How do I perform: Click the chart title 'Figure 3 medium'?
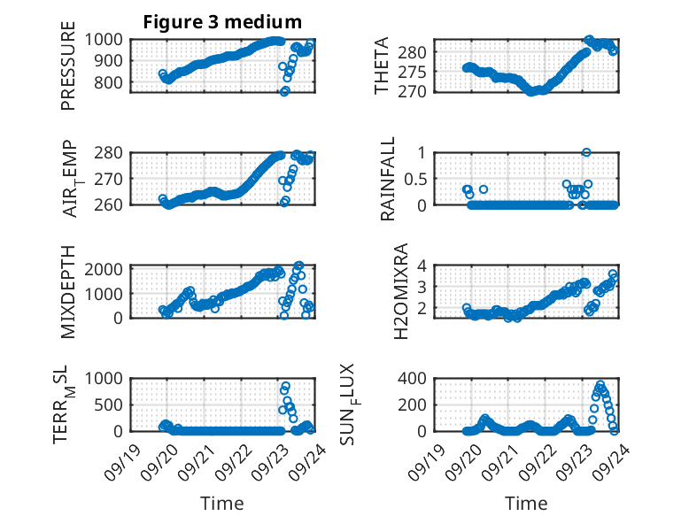222,21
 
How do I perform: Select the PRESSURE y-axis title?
68,72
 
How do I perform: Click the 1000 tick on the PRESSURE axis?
111,39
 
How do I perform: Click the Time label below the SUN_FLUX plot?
526,503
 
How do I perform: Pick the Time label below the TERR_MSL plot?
221,503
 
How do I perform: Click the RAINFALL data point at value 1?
586,152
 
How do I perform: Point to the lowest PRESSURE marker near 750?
285,91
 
